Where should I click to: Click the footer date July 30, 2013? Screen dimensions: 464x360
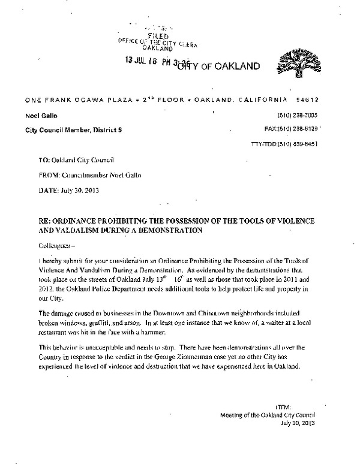296,423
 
